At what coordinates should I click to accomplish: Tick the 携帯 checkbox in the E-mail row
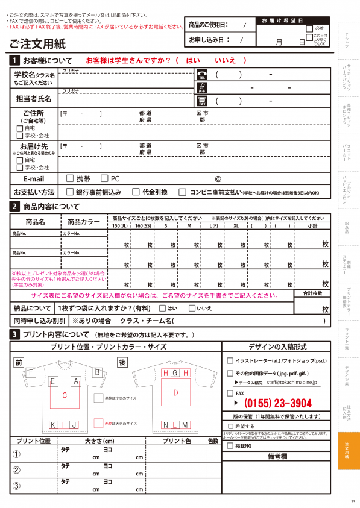69,179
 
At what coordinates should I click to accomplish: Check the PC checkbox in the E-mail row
104,179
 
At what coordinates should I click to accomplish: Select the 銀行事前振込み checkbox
69,192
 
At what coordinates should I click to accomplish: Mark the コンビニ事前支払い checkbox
183,192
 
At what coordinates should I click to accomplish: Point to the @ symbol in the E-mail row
218,179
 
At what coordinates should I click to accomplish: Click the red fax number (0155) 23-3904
277,404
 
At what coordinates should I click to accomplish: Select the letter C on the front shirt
65,395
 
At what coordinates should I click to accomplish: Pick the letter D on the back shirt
175,393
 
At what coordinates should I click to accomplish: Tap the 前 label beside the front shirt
19,362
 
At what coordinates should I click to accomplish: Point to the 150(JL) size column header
120,225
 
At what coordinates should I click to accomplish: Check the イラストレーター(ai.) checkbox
230,360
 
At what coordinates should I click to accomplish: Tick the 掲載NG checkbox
230,446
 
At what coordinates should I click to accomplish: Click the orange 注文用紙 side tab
349,451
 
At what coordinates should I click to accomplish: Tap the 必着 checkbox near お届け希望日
309,28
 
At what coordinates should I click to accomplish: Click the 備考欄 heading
276,457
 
